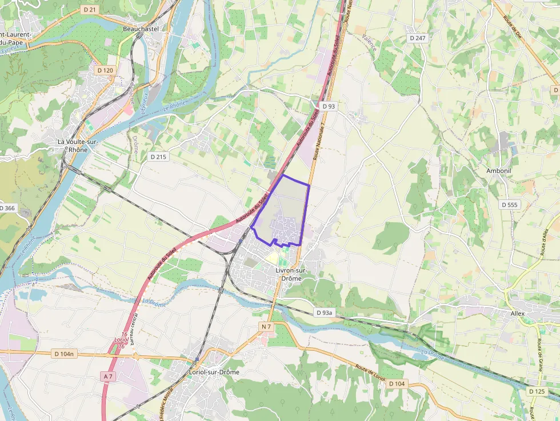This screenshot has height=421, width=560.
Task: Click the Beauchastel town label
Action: pos(141,28)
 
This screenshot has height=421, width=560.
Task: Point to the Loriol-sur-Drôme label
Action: pos(214,371)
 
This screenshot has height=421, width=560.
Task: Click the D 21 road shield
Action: pos(89,10)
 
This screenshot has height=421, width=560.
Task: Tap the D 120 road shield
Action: pos(105,70)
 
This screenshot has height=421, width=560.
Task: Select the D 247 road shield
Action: pos(418,38)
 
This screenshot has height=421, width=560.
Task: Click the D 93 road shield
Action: pos(329,106)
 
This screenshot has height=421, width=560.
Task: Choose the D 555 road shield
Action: pos(509,205)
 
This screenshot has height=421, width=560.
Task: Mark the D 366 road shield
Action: pos(7,208)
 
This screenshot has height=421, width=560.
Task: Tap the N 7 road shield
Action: pos(266,326)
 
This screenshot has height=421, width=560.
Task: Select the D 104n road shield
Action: pos(65,354)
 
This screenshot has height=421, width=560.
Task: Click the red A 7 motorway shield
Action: pos(109,376)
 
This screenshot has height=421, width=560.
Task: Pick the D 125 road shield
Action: pos(537,391)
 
